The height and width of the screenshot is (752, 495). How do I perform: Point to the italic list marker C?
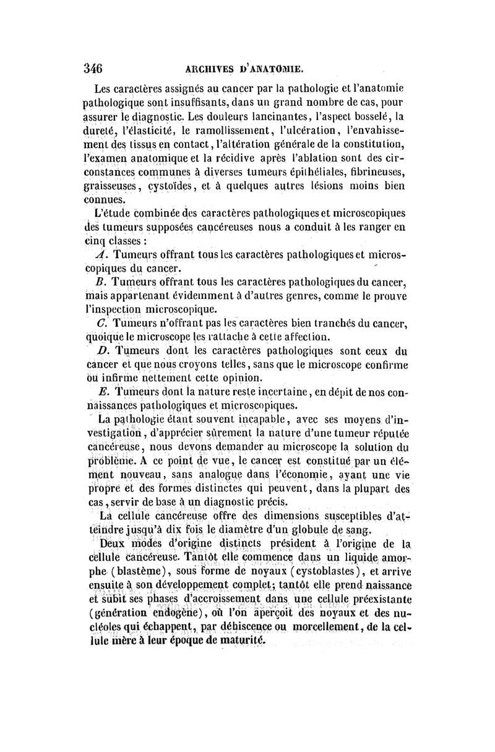tap(100, 324)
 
